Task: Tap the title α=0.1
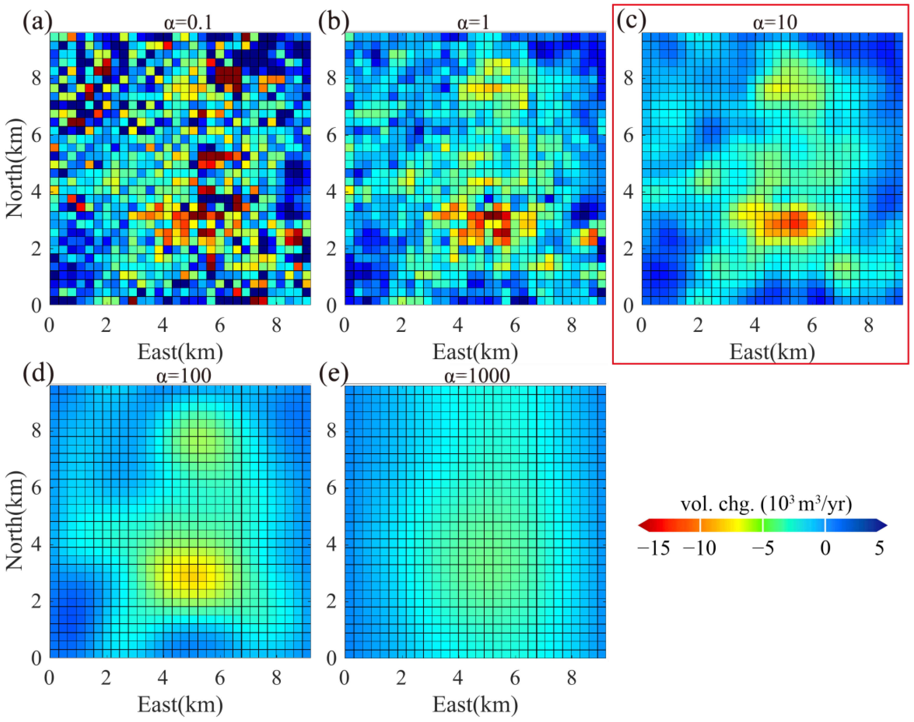pos(188,22)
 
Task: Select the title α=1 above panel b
pos(473,22)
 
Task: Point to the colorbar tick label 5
pos(879,548)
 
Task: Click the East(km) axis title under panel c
pos(772,352)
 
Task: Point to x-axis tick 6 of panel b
pos(514,325)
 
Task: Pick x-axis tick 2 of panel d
pos(106,678)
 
